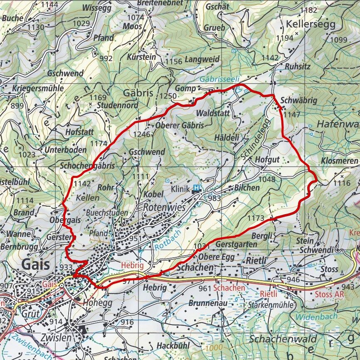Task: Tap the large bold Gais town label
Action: coord(35,264)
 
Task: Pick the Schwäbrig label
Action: coord(299,101)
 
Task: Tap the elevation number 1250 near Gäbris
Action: coord(168,96)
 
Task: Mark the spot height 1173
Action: coord(256,218)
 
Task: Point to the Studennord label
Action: coord(118,106)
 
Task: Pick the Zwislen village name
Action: coord(57,337)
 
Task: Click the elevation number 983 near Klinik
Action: coord(214,198)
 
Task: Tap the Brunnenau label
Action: coord(208,303)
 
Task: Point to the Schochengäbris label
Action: coord(87,165)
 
